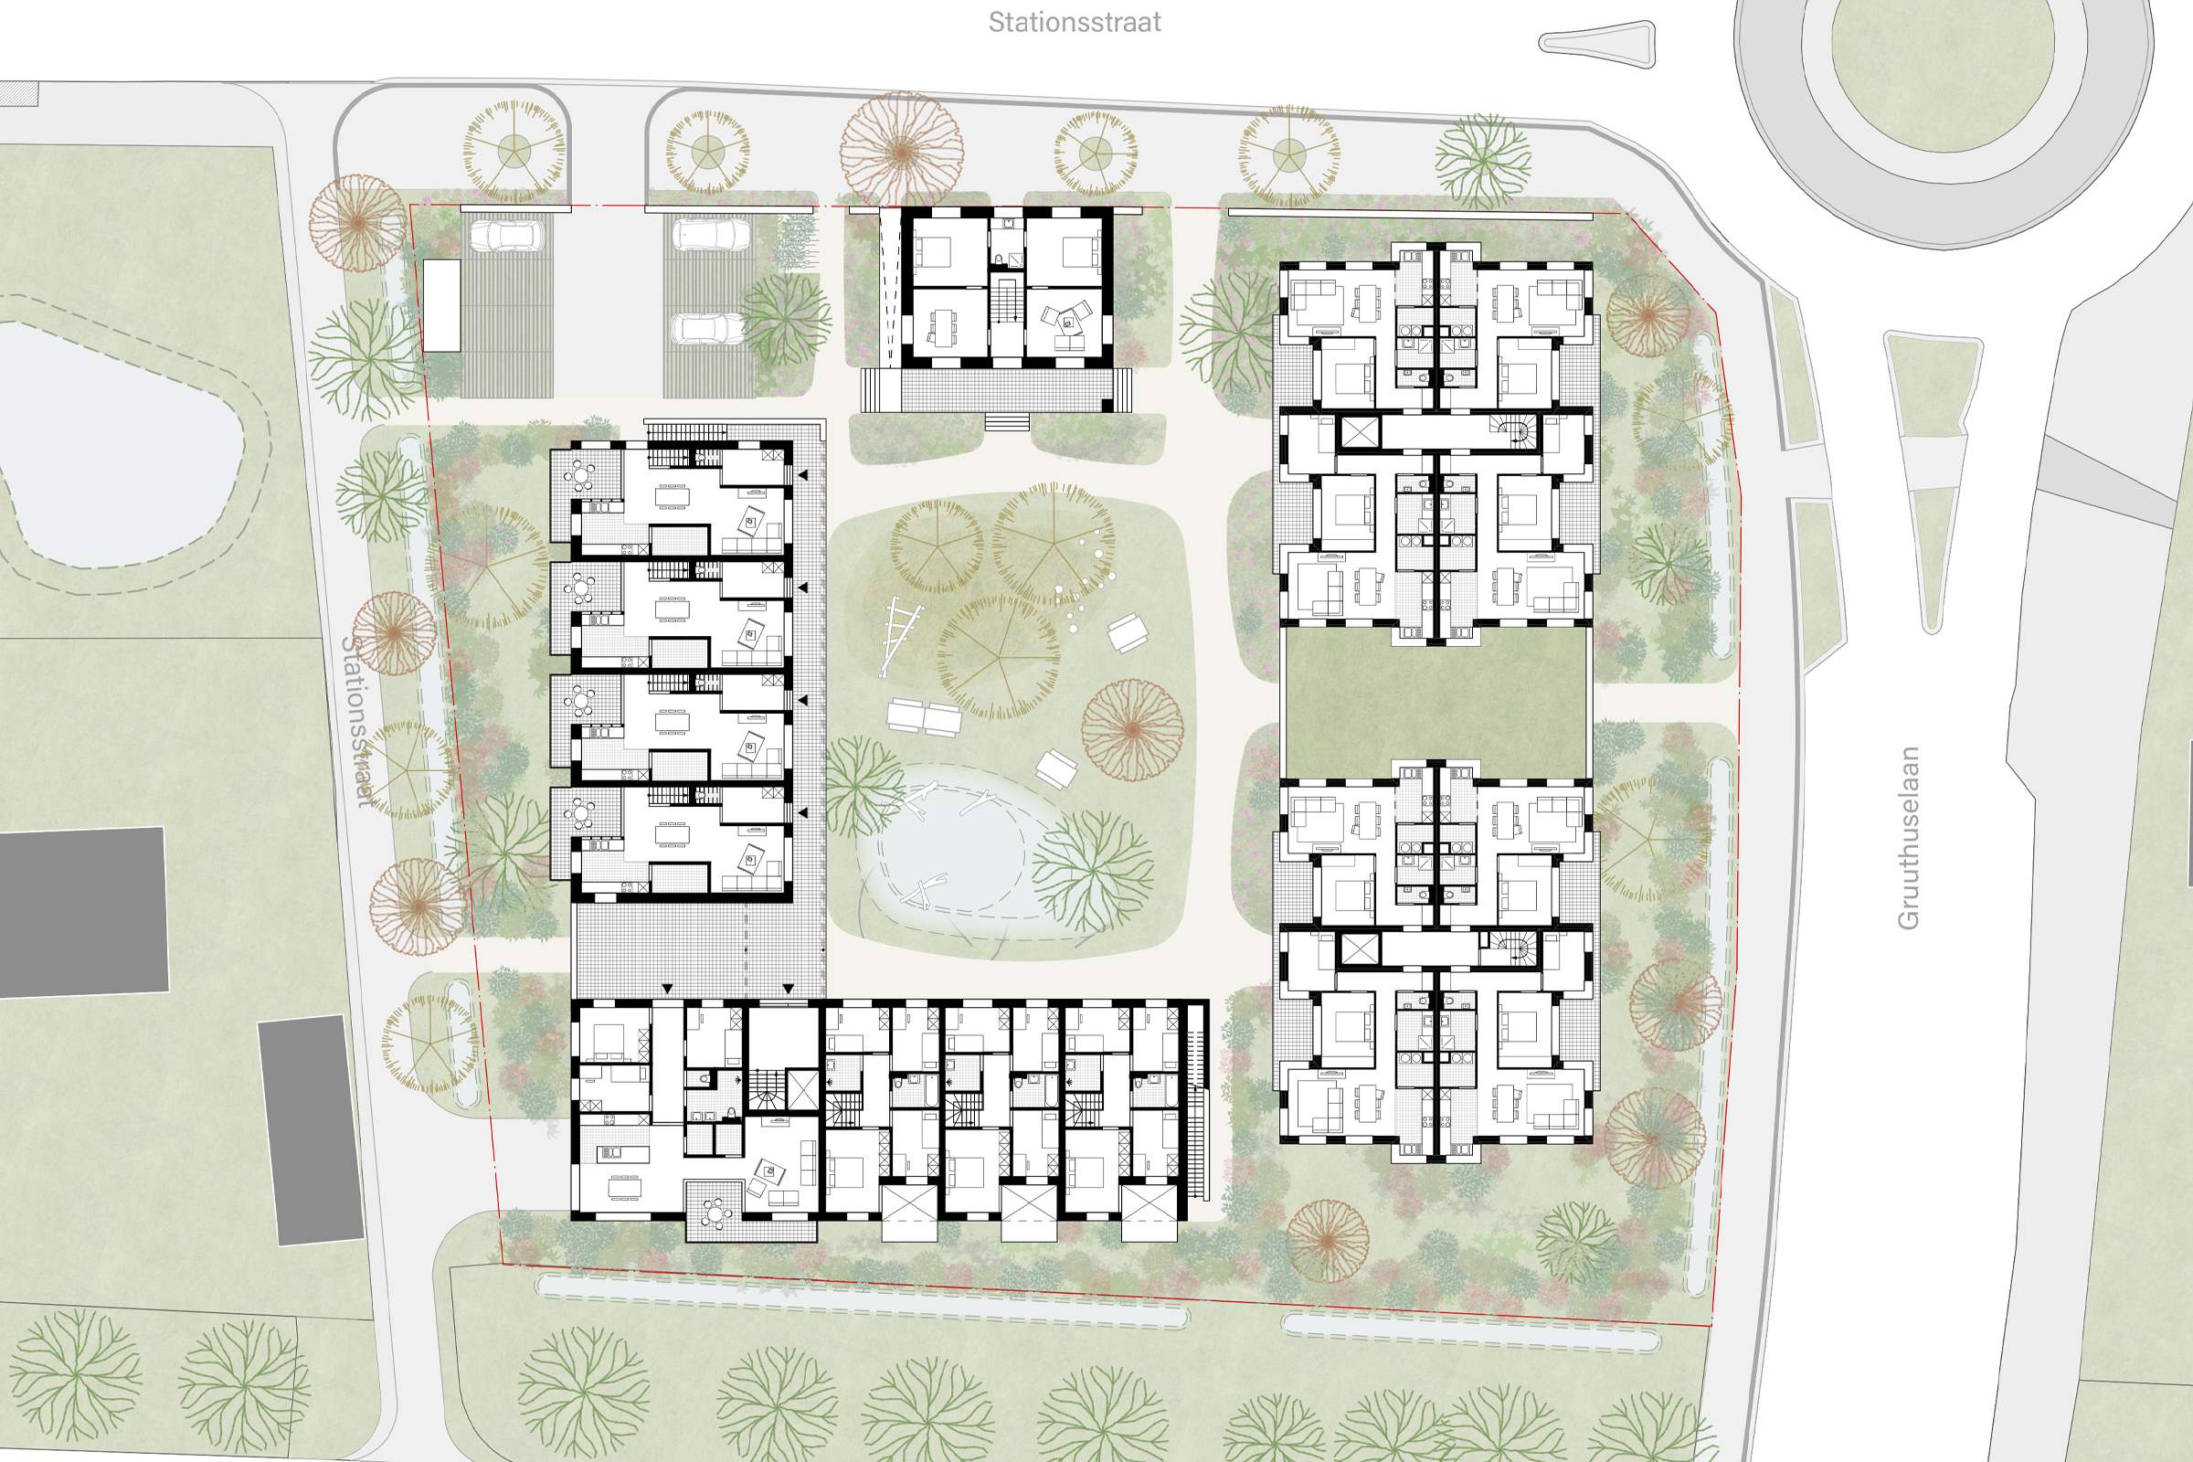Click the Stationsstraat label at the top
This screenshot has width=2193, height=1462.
tap(1075, 22)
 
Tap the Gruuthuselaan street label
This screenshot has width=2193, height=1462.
tap(1909, 837)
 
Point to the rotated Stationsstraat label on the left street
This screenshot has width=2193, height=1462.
tap(358, 720)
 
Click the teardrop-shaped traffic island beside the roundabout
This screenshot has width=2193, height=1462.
tap(1597, 44)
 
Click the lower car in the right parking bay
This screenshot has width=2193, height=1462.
tap(709, 328)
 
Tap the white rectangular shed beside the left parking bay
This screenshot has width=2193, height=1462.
tap(442, 305)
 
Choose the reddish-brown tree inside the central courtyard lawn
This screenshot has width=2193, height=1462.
tap(1132, 729)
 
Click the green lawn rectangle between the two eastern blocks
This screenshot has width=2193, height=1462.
tap(1436, 702)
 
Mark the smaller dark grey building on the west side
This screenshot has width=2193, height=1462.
tap(312, 1130)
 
